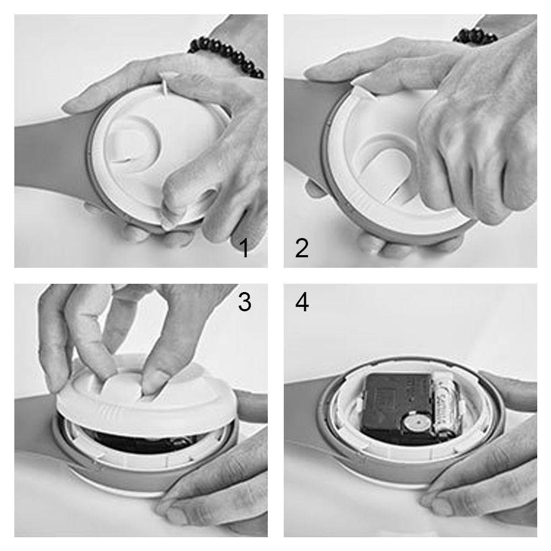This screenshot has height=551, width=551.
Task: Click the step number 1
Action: pyautogui.click(x=245, y=249)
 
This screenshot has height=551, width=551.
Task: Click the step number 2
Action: pyautogui.click(x=301, y=249)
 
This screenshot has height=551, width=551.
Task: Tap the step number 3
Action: pyautogui.click(x=245, y=302)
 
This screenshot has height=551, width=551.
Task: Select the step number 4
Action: pyautogui.click(x=301, y=302)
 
